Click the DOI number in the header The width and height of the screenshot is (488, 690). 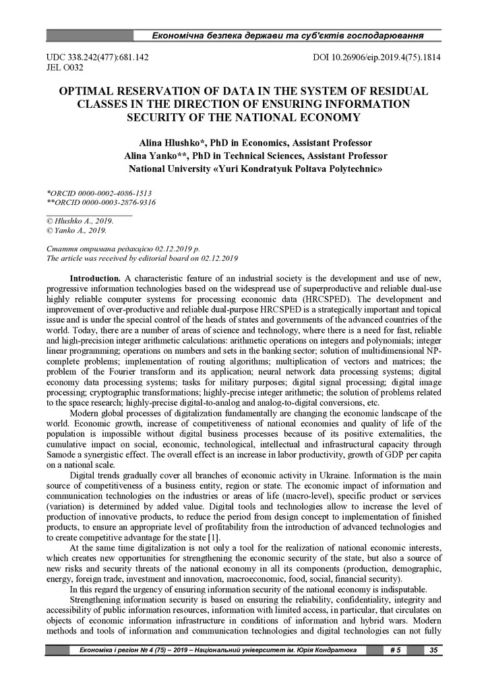pyautogui.click(x=377, y=58)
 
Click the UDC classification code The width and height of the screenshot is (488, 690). pyautogui.click(x=98, y=58)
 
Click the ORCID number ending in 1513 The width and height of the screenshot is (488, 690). pyautogui.click(x=100, y=192)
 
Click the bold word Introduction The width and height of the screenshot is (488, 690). pyautogui.click(x=95, y=278)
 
